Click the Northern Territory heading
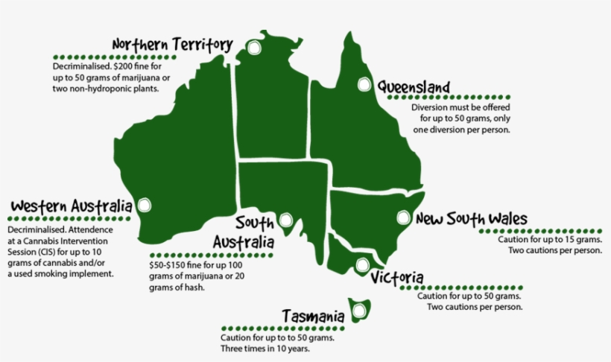tap(172, 45)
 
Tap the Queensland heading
tap(413, 86)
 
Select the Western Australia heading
tap(72, 206)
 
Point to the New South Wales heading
tap(471, 219)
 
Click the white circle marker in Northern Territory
tap(256, 48)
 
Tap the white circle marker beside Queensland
tap(364, 85)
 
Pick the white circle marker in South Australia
tap(286, 220)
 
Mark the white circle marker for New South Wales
tap(403, 218)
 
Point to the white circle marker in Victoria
tap(362, 264)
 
